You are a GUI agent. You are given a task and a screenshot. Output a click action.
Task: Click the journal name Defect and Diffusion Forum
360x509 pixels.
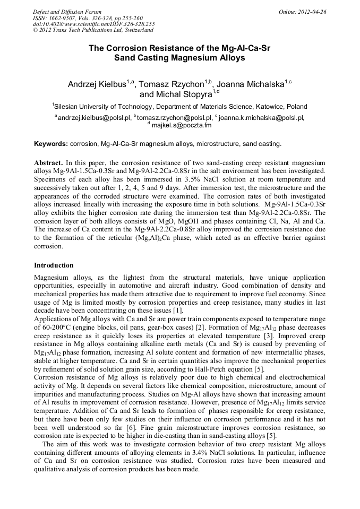click(x=67, y=12)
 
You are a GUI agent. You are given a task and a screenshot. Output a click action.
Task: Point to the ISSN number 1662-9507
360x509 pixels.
click(x=59, y=18)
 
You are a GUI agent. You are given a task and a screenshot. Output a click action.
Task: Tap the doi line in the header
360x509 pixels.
click(x=93, y=24)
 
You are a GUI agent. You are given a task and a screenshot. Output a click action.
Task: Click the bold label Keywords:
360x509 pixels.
click(x=51, y=144)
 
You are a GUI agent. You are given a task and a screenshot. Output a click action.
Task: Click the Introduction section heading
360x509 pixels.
click(x=54, y=265)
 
